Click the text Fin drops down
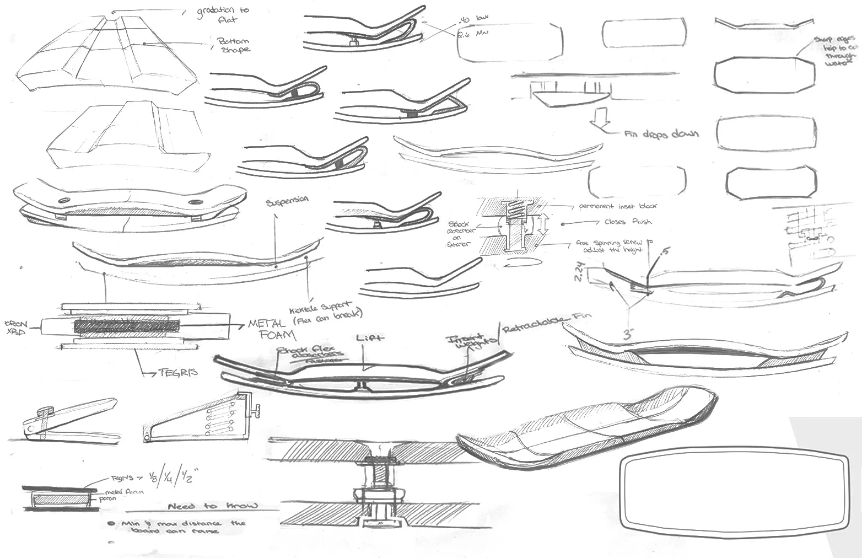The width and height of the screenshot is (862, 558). (x=661, y=134)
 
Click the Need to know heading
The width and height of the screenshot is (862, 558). (x=212, y=506)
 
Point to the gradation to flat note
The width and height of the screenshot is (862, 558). (x=223, y=14)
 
